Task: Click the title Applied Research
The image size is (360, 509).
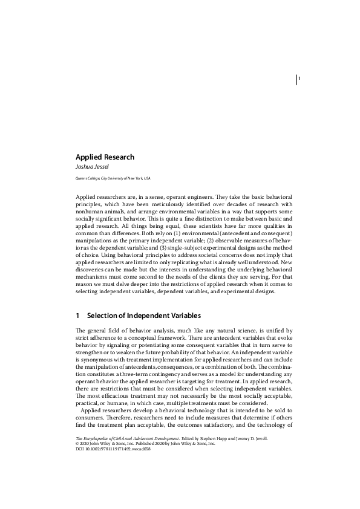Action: [x=105, y=157]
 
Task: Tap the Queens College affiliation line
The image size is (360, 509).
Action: [x=113, y=179]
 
